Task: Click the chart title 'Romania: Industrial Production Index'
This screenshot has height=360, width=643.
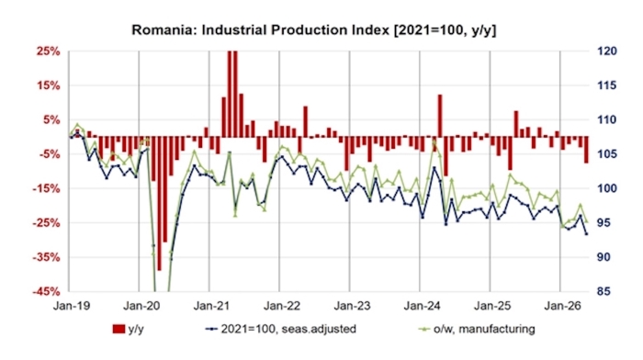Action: tap(261, 30)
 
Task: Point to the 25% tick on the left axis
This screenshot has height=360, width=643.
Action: tap(48, 51)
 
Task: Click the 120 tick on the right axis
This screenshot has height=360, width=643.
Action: tap(606, 51)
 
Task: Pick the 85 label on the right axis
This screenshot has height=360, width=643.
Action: tap(604, 291)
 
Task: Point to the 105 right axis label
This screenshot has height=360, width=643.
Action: tap(606, 154)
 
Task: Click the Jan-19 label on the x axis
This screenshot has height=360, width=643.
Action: tap(72, 306)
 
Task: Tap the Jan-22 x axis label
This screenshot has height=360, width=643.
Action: tap(282, 306)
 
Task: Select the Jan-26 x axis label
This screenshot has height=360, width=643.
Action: tap(562, 306)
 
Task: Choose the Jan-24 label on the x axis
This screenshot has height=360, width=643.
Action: tap(423, 306)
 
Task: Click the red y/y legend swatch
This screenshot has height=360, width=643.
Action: tap(118, 329)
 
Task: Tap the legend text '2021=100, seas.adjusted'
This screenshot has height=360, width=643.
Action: tap(288, 329)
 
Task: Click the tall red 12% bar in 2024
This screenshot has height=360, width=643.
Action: tap(440, 116)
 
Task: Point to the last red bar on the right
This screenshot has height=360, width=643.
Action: tap(586, 150)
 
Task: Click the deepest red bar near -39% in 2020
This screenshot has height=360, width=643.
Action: tap(159, 203)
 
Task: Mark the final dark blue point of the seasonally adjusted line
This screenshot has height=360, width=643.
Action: tap(586, 233)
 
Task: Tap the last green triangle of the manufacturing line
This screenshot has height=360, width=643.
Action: tap(586, 221)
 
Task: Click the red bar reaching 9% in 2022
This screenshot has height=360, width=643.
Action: tap(306, 121)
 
